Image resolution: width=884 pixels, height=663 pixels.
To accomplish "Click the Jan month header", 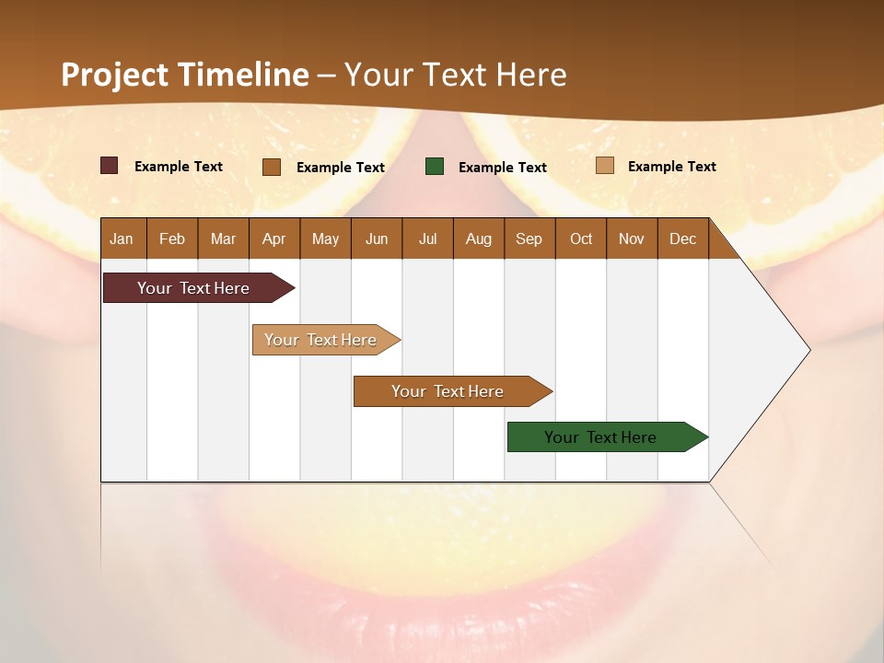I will click(x=122, y=238).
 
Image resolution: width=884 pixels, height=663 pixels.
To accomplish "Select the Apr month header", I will click(x=273, y=238).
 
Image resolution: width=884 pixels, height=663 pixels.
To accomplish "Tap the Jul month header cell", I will click(x=427, y=238).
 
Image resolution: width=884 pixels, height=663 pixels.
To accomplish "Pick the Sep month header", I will click(x=529, y=238).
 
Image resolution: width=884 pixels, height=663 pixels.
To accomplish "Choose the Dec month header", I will click(x=682, y=238).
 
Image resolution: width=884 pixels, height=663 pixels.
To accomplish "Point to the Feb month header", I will click(x=172, y=238).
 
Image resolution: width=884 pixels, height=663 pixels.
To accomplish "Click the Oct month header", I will click(x=581, y=238).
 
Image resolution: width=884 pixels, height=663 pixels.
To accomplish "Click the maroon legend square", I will click(x=109, y=166).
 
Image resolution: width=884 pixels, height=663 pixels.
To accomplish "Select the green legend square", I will click(x=435, y=166).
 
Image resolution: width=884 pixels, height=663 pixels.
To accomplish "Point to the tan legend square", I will click(x=604, y=166).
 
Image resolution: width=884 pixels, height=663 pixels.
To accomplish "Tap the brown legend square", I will click(x=272, y=167).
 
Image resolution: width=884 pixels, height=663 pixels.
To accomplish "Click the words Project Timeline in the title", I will click(x=185, y=75).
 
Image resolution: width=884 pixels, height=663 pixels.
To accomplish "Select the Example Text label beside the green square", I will click(x=503, y=168).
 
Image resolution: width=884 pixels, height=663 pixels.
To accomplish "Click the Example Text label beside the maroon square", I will click(x=179, y=167).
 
